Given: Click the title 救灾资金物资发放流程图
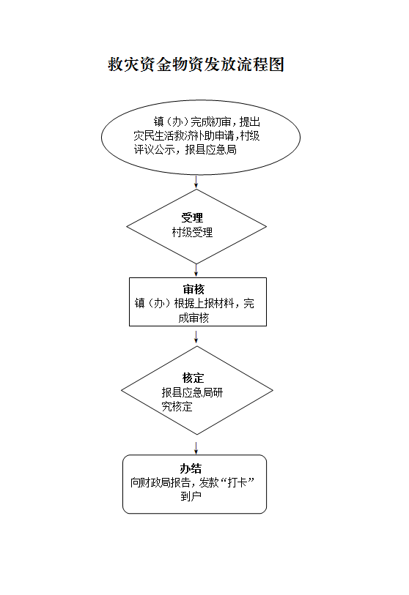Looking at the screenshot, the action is [196, 64].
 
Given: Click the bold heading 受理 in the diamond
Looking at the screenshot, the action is [192, 218].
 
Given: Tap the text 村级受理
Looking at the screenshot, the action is [192, 232].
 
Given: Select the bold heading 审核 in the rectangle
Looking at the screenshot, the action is [194, 289].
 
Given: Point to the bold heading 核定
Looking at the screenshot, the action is [193, 378].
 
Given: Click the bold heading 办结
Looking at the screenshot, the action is [191, 468].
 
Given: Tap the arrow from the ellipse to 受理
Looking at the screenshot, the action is [196, 182].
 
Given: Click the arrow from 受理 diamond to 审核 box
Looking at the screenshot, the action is [196, 270].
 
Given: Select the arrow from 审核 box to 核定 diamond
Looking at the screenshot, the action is [196, 337].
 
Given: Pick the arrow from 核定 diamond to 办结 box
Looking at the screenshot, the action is [196, 448].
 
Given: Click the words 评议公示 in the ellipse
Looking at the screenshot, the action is [154, 150].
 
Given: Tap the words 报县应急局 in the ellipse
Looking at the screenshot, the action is [210, 150].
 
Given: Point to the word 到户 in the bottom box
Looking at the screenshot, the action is [191, 496].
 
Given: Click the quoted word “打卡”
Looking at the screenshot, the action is [237, 482].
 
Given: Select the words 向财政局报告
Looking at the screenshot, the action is [161, 482].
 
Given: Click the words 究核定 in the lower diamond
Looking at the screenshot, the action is [177, 407].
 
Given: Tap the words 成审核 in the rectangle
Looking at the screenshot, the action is [194, 318].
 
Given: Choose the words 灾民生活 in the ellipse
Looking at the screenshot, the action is [154, 136].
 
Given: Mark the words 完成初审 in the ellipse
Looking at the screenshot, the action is [210, 121].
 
